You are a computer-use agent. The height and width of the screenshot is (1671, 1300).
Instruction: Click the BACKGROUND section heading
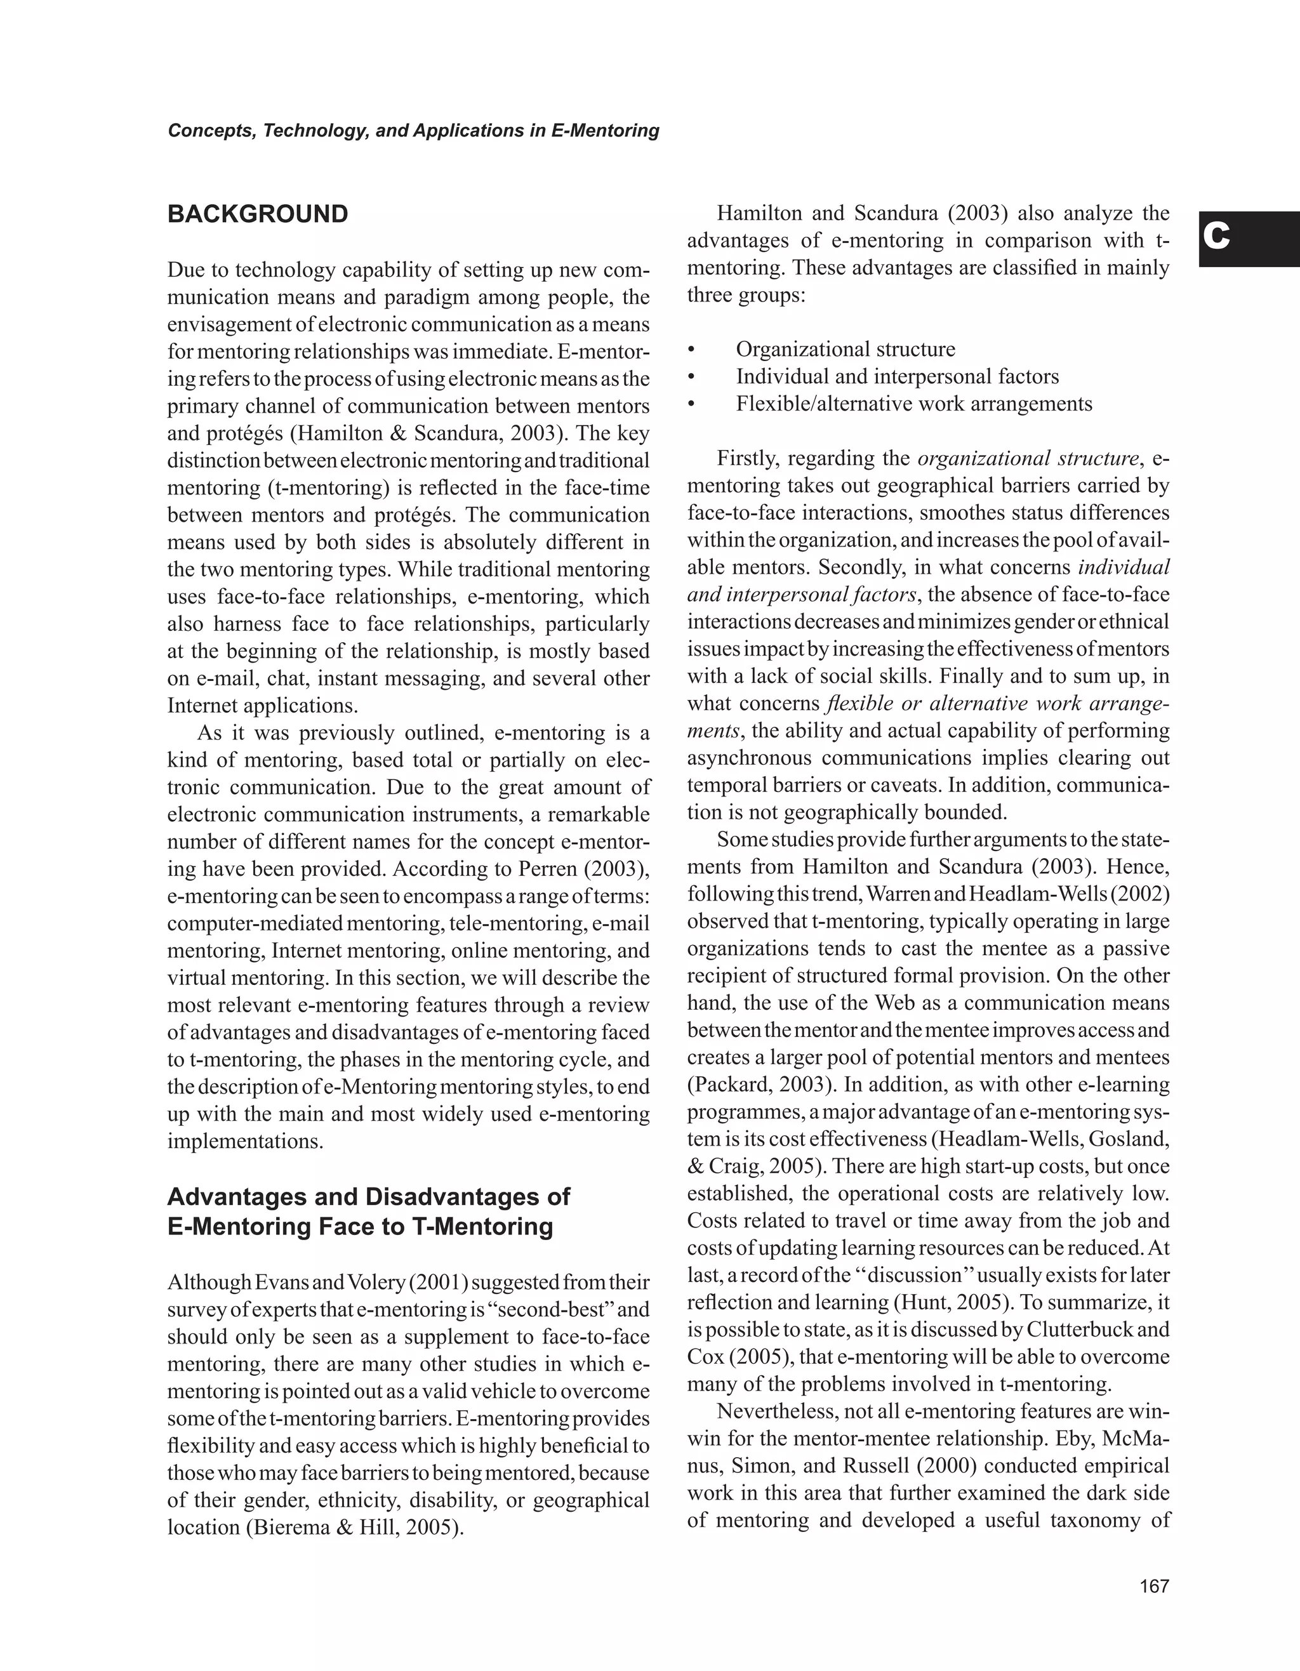click(257, 215)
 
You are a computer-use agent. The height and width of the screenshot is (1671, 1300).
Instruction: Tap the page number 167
click(1154, 1586)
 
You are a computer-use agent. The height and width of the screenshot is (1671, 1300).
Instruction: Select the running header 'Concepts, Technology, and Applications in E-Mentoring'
click(413, 131)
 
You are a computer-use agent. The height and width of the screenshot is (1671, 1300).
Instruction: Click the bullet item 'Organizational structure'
click(845, 350)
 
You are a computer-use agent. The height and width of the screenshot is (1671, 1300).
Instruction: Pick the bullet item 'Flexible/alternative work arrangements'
click(913, 404)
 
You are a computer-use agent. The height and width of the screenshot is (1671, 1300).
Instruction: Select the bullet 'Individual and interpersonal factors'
click(897, 376)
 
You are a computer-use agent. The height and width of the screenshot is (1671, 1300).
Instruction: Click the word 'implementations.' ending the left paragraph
click(245, 1142)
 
